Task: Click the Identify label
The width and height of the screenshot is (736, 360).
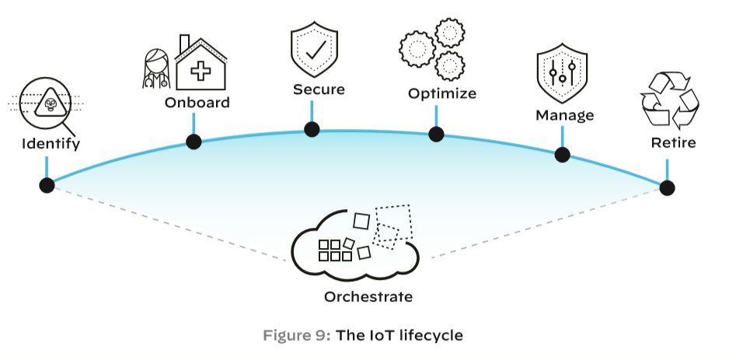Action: click(51, 144)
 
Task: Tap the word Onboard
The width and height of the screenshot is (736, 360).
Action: click(197, 102)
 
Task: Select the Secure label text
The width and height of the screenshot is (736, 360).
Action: click(319, 89)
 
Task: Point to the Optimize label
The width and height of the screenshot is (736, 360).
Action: click(441, 95)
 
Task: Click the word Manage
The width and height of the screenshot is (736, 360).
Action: click(564, 116)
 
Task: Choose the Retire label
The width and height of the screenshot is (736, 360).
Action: click(673, 143)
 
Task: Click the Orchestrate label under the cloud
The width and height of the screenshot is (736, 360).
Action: click(368, 297)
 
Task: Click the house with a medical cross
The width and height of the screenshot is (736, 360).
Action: click(201, 67)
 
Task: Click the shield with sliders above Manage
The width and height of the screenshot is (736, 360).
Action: click(561, 76)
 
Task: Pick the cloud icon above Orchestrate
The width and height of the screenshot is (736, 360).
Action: click(354, 241)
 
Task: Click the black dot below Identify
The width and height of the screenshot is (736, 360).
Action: click(47, 185)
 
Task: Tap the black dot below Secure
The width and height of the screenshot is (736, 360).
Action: click(312, 129)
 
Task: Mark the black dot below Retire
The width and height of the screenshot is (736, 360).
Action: click(667, 187)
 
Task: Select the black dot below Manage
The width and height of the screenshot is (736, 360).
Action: click(562, 154)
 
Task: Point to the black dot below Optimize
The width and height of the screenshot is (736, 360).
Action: click(436, 134)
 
